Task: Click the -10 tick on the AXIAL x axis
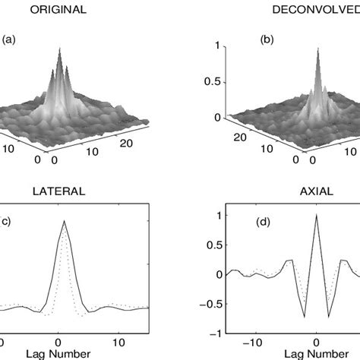click(x=256, y=342)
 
